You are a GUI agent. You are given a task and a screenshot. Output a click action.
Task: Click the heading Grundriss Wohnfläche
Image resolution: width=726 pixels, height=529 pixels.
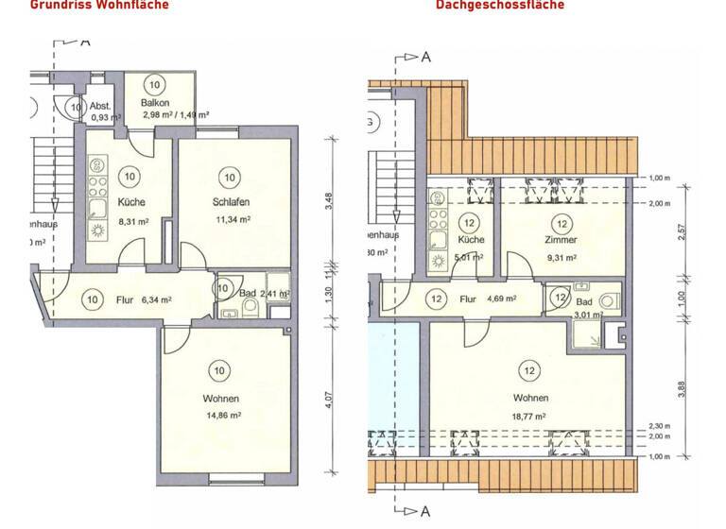point(99,5)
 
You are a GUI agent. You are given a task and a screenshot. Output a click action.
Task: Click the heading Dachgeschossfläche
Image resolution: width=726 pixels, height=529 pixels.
point(499,5)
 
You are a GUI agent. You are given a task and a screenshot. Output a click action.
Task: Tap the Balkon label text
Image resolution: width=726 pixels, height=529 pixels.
point(155,102)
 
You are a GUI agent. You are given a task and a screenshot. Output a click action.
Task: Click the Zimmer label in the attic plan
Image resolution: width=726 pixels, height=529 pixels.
point(562,240)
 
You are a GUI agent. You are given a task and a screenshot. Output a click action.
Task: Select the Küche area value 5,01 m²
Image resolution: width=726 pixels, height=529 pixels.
point(470,257)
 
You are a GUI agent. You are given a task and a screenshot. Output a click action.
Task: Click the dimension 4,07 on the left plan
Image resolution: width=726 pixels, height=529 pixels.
point(328,398)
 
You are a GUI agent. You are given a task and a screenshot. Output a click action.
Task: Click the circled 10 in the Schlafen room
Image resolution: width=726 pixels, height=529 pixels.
point(229,177)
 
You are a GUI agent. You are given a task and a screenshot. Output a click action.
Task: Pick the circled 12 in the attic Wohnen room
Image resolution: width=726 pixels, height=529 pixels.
point(530,370)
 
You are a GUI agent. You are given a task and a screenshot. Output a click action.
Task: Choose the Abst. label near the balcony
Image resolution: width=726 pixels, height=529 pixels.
point(101,105)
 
